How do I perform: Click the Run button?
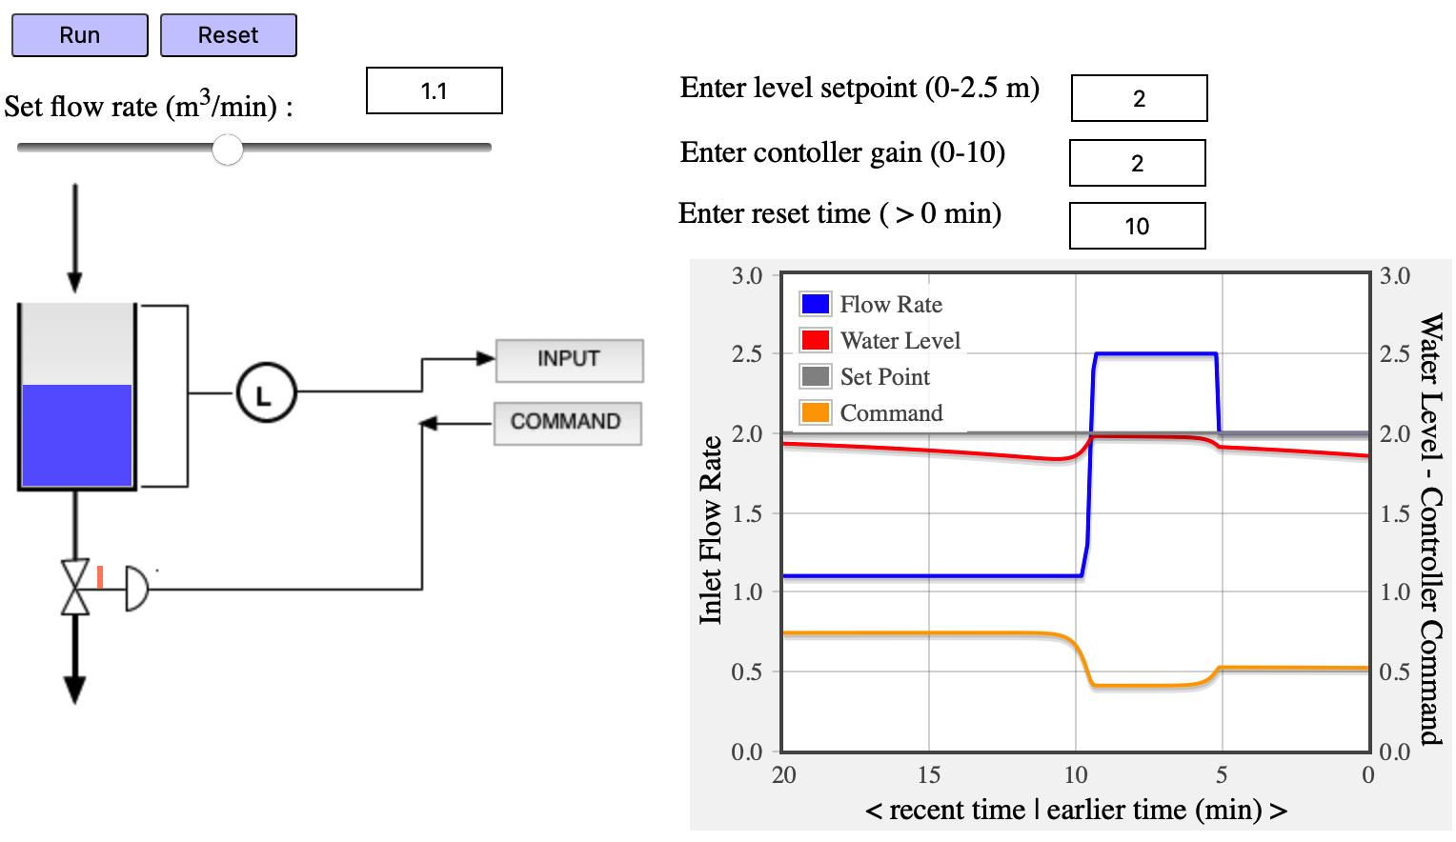pos(80,35)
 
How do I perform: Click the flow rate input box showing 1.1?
pos(435,91)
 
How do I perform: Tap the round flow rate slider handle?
pos(228,149)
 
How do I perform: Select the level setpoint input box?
pos(1139,98)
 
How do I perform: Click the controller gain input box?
pos(1137,163)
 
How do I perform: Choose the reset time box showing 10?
pos(1137,226)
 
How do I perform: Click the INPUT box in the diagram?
pos(569,360)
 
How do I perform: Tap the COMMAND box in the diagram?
pos(567,423)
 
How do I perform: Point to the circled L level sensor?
pos(266,392)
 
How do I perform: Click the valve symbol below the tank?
pos(75,588)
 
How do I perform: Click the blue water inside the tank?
pos(76,435)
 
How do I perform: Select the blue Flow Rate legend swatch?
pos(816,304)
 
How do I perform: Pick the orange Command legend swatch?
pos(816,412)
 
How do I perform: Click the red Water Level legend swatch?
pos(816,340)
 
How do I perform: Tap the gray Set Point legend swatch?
pos(816,376)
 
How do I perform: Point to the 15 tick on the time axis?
pos(929,774)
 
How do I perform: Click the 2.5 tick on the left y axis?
pos(747,354)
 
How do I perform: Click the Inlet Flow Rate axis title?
pos(711,530)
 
